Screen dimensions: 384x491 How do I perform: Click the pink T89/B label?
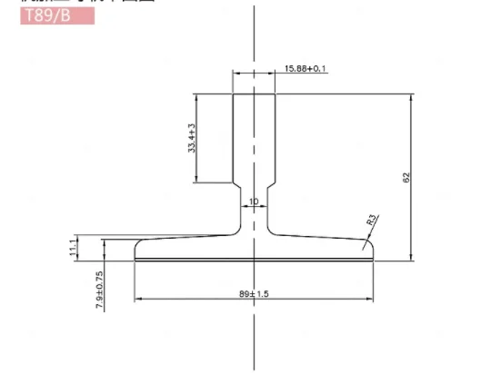57,15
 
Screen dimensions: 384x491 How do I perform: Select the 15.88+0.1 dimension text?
306,69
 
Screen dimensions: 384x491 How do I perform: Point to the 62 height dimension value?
406,177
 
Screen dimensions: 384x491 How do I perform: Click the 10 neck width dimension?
254,201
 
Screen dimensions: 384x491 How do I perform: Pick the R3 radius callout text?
371,220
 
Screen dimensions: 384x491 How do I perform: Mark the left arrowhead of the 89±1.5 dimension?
137,300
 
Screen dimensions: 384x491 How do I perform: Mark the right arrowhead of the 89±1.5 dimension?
370,300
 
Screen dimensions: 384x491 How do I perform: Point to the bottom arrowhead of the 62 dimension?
413,257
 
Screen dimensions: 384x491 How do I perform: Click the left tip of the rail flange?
135,250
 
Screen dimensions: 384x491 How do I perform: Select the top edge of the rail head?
254,94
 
